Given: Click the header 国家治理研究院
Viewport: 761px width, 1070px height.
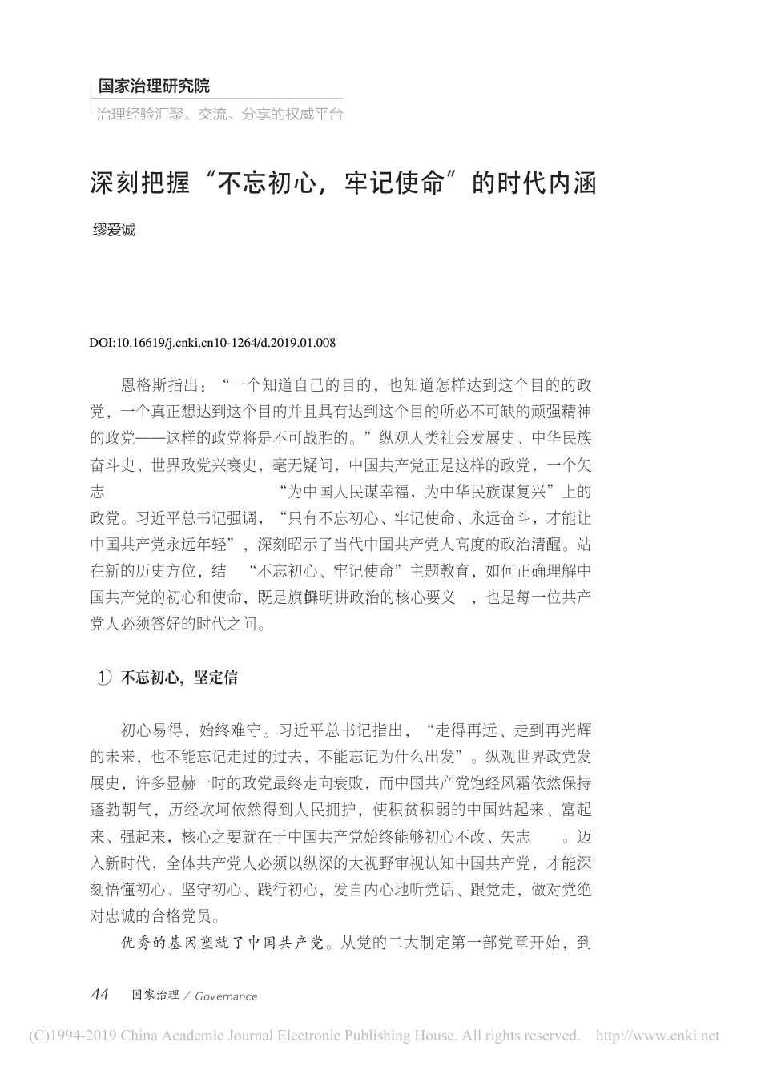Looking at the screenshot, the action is click(x=153, y=86).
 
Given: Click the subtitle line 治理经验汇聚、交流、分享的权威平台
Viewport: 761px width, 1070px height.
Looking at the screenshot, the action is click(x=219, y=114).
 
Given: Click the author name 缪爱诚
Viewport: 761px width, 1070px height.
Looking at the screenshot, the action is click(x=115, y=231).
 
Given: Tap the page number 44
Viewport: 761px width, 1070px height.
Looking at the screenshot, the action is click(x=100, y=995).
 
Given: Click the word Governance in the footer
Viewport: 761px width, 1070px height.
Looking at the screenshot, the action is click(x=226, y=996).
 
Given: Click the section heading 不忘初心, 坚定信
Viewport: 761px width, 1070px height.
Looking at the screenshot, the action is click(x=179, y=678).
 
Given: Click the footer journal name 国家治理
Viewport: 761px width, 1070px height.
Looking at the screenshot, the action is click(x=155, y=995).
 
